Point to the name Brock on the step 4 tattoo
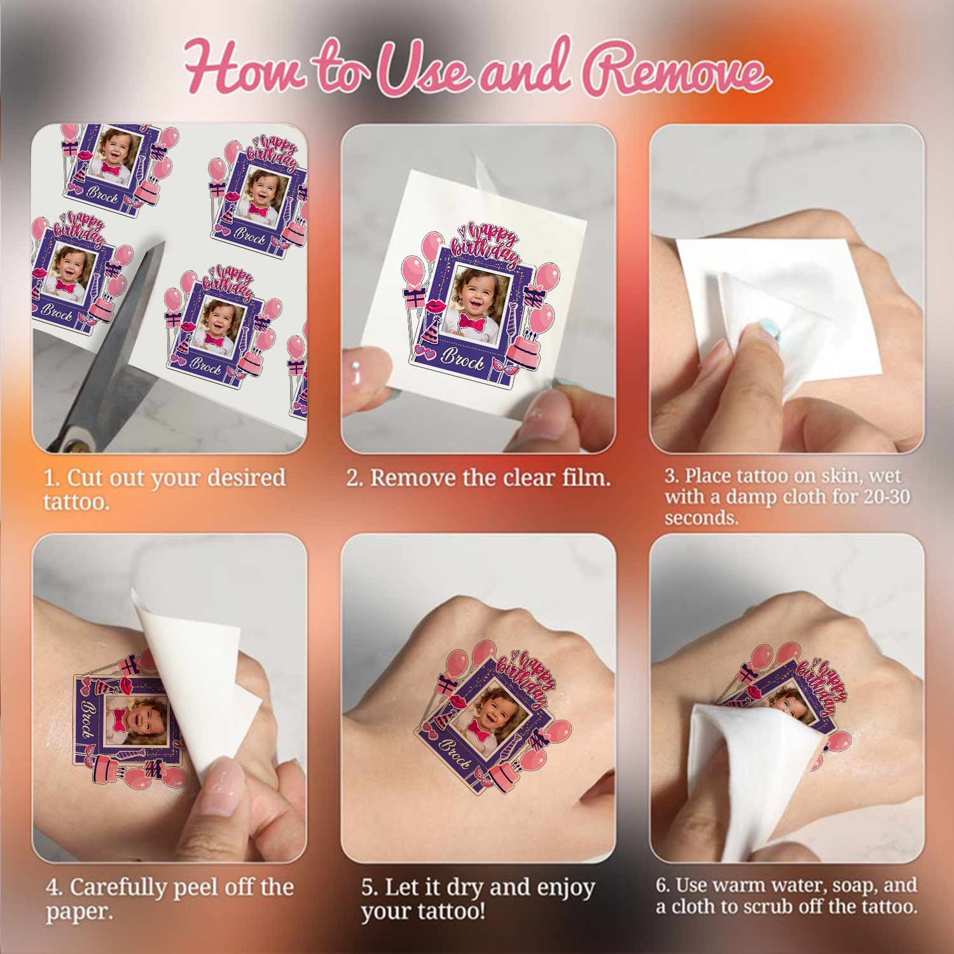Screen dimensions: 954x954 coord(87,722)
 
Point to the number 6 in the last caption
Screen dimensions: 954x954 coord(661,885)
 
